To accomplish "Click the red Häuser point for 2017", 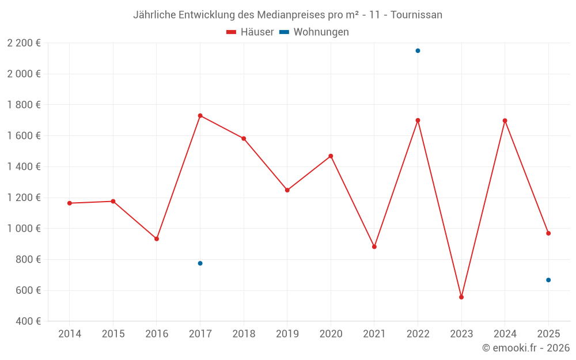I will tap(200, 116).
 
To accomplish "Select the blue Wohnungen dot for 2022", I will tap(418, 51).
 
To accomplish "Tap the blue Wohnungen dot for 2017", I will tap(200, 263).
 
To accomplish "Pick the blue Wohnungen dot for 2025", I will tap(548, 280).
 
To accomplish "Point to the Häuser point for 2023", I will tap(461, 297).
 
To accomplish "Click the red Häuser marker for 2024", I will tap(505, 120).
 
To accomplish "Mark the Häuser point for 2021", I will tap(374, 247).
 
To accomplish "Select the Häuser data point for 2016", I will tap(157, 238).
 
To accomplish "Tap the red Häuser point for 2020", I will tap(331, 156).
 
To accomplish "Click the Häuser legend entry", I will tap(250, 32).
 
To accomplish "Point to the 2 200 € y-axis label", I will tap(24, 43).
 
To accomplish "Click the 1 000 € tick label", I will tap(24, 229).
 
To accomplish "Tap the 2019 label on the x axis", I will tap(287, 334).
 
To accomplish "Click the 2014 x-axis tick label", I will tap(70, 334).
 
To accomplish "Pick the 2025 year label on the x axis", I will tap(548, 334).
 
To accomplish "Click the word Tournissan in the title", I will tap(416, 15).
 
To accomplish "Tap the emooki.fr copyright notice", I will tap(526, 348).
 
